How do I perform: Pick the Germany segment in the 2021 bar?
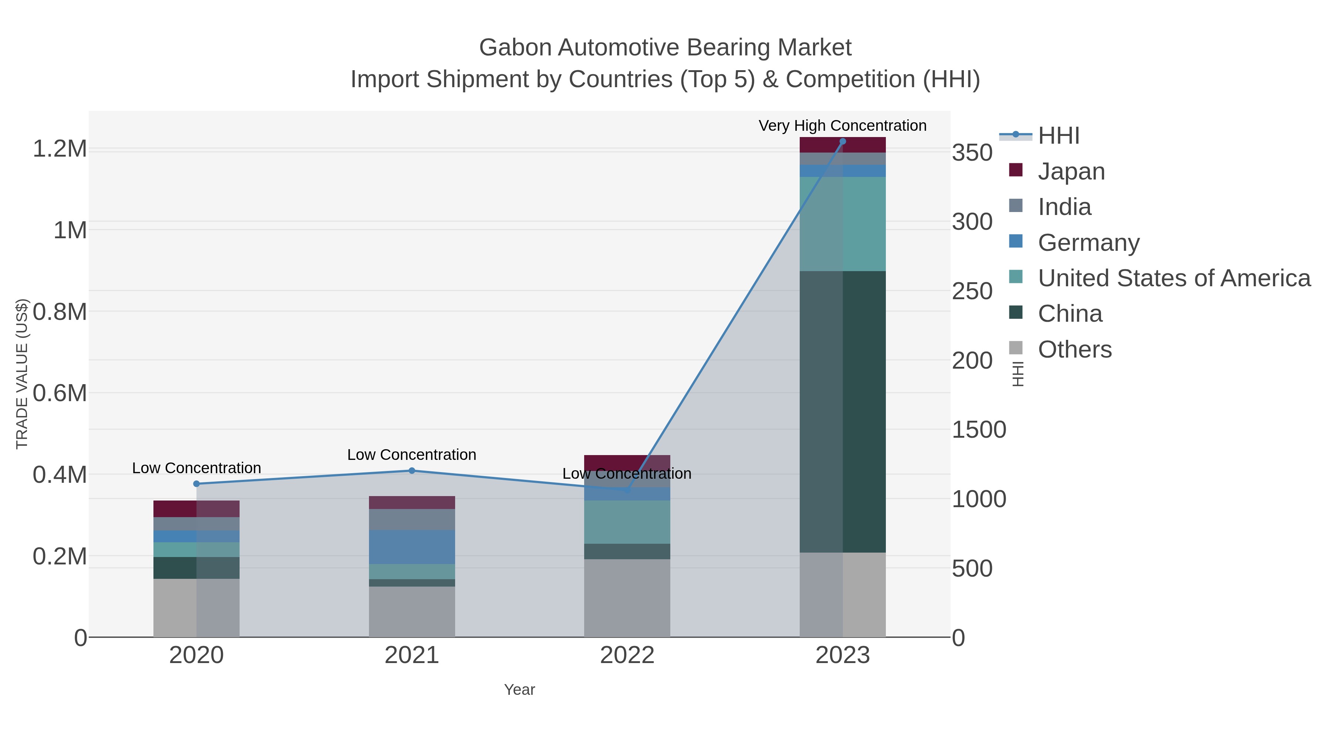coord(412,547)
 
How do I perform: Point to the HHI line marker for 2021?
coord(412,470)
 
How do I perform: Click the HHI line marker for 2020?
coord(196,484)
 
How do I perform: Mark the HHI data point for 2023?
coord(843,141)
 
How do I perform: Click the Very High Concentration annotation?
coord(842,126)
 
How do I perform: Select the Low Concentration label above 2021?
coord(412,455)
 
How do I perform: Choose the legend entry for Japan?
coord(1071,171)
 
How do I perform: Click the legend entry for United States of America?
coord(1173,278)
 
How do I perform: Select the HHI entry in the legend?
coord(1058,136)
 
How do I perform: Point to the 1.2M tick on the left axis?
coord(60,148)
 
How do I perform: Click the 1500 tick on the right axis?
coord(979,430)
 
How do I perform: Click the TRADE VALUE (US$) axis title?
coord(22,374)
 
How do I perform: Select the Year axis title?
coord(519,690)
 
